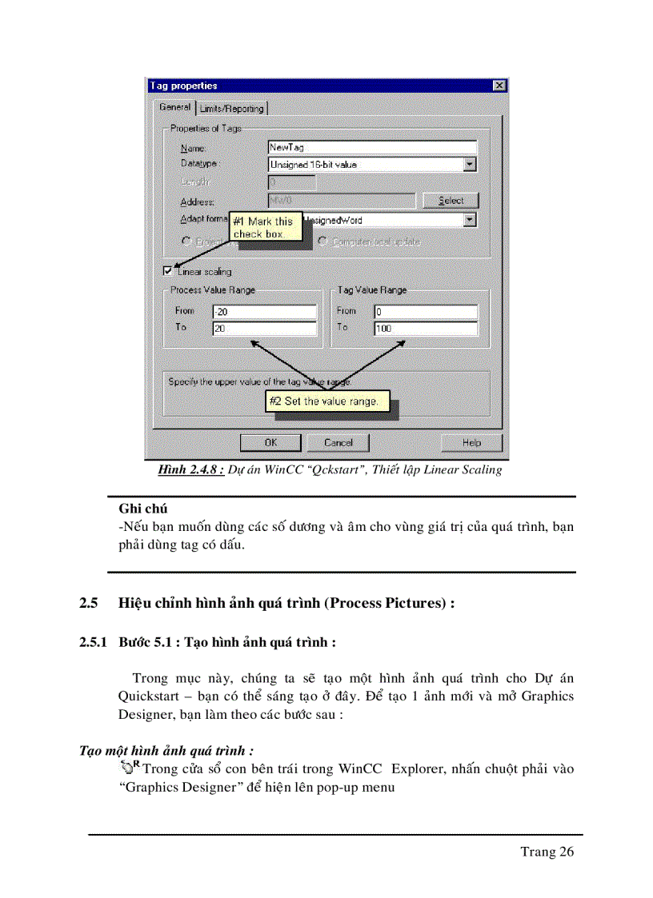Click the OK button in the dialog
(270, 442)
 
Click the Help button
(471, 442)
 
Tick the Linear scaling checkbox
(167, 271)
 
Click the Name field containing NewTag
(371, 147)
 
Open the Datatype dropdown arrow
(470, 165)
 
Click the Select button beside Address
(451, 201)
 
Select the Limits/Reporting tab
(231, 108)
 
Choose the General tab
(174, 107)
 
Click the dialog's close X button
(499, 86)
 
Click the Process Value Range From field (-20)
(264, 312)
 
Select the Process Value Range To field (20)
(264, 328)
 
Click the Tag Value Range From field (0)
(425, 312)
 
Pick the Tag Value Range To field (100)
(425, 328)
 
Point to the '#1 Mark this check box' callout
(266, 227)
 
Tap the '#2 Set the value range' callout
(327, 401)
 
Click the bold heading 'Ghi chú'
(142, 508)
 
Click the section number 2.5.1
(93, 642)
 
